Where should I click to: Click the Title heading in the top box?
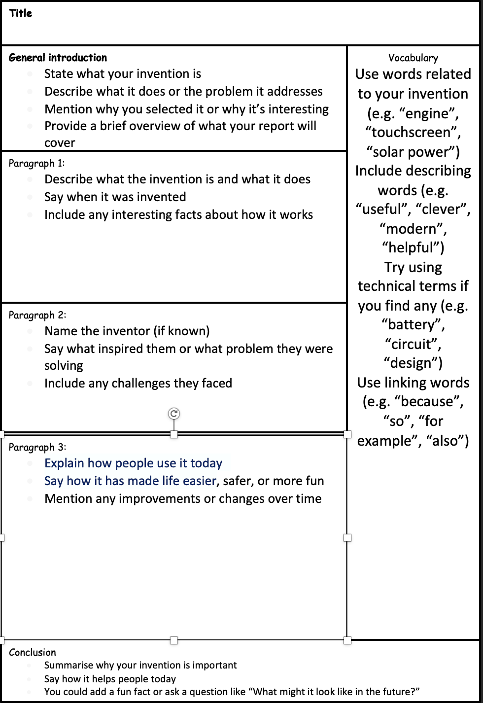(x=21, y=13)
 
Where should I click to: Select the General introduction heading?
(x=58, y=58)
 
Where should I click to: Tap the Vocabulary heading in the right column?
(x=413, y=58)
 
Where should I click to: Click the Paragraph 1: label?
(x=36, y=163)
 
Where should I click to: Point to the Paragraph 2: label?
(x=37, y=315)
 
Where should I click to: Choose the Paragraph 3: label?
(x=37, y=447)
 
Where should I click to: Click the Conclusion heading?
(x=33, y=652)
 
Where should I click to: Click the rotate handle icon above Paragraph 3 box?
(x=174, y=414)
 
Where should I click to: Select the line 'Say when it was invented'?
(x=115, y=197)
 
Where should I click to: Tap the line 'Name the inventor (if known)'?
(x=127, y=331)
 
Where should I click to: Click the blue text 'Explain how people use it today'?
(x=133, y=463)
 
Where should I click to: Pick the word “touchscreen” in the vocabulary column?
(x=413, y=133)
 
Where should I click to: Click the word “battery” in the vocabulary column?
(x=413, y=325)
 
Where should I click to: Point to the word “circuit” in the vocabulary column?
(x=413, y=344)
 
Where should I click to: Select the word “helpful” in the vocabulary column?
(x=413, y=247)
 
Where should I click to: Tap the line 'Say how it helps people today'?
(x=110, y=679)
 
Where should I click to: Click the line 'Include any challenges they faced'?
(x=138, y=383)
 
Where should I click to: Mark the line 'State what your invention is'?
(x=123, y=74)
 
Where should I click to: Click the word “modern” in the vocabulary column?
(x=413, y=229)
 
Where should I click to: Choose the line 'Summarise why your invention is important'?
(x=140, y=665)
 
